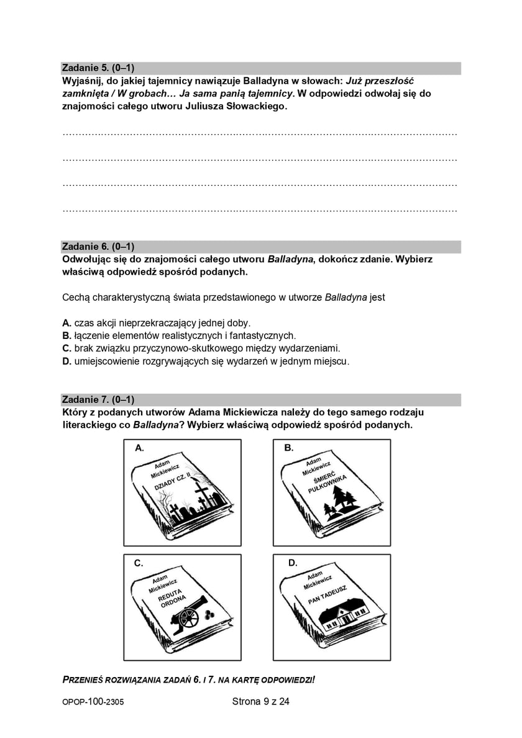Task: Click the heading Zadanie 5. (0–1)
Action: tap(98, 68)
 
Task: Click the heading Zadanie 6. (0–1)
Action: tap(98, 246)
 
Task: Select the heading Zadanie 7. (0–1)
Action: tap(98, 399)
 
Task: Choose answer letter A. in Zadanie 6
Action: tap(67, 323)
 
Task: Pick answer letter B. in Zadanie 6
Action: tap(67, 336)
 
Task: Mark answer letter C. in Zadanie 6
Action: tap(67, 348)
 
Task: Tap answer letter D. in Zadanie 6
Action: tap(67, 361)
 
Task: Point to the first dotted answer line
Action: tap(260, 134)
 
